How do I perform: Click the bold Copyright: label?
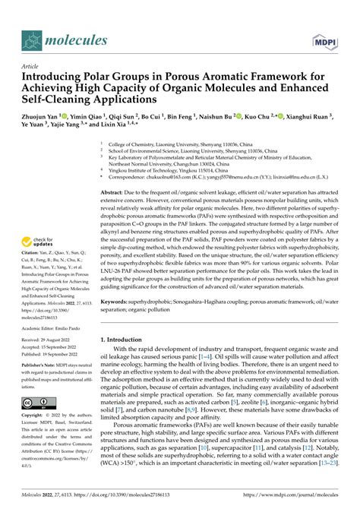coord(36,438)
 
